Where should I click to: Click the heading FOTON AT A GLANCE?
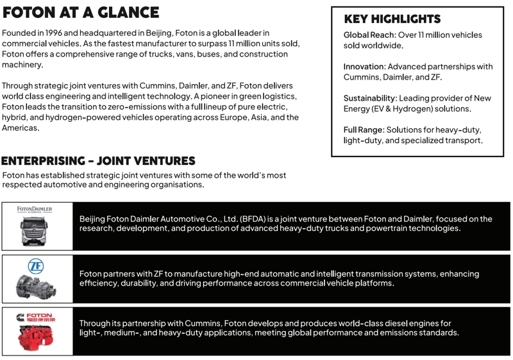[81, 13]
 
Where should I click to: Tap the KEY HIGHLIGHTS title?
[392, 19]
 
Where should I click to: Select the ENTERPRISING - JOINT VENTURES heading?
[98, 160]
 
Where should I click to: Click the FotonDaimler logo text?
[35, 209]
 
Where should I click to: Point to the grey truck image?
[35, 229]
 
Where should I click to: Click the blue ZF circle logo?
[36, 265]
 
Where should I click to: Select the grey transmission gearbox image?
[35, 286]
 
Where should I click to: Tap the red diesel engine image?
[35, 337]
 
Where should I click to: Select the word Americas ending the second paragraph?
[21, 128]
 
